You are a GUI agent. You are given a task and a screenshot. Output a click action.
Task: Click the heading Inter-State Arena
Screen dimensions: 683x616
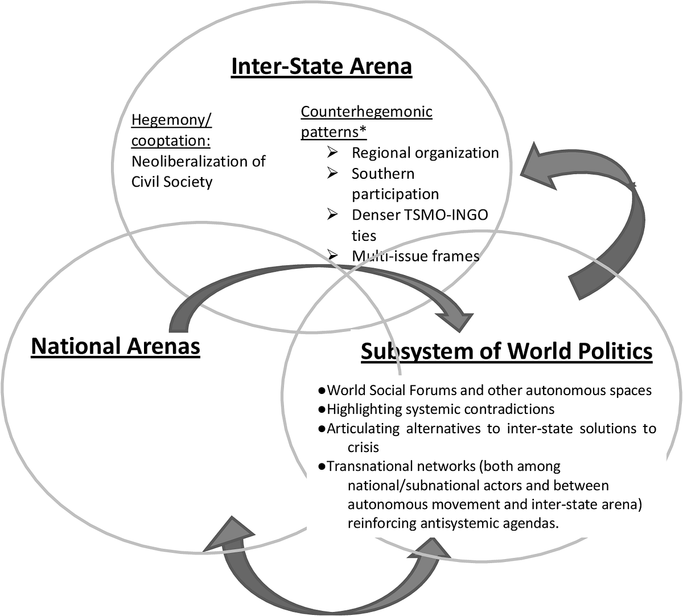point(322,66)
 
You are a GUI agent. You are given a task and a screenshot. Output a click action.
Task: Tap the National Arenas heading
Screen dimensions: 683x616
point(116,346)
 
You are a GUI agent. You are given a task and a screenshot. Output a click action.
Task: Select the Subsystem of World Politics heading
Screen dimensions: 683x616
point(507,352)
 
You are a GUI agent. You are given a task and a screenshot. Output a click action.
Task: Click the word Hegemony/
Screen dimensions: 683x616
point(171,120)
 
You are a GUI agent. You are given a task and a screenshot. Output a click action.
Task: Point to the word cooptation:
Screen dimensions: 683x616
point(171,141)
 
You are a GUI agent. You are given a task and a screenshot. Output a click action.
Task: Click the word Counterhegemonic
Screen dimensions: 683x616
point(367,112)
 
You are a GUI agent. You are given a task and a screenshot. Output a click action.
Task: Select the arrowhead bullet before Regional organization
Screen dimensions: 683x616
point(332,153)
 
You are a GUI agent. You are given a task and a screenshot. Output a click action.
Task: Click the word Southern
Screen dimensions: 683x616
point(383,174)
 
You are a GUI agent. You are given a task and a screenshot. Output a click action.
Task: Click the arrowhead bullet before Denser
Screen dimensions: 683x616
point(332,215)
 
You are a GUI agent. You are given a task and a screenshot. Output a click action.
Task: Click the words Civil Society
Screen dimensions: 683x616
point(172,182)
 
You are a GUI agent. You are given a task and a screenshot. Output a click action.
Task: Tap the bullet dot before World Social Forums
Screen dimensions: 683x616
point(322,391)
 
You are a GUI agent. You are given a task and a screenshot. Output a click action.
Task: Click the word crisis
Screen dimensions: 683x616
point(363,447)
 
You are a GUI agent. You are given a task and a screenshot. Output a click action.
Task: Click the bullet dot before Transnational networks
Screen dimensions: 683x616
point(322,466)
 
